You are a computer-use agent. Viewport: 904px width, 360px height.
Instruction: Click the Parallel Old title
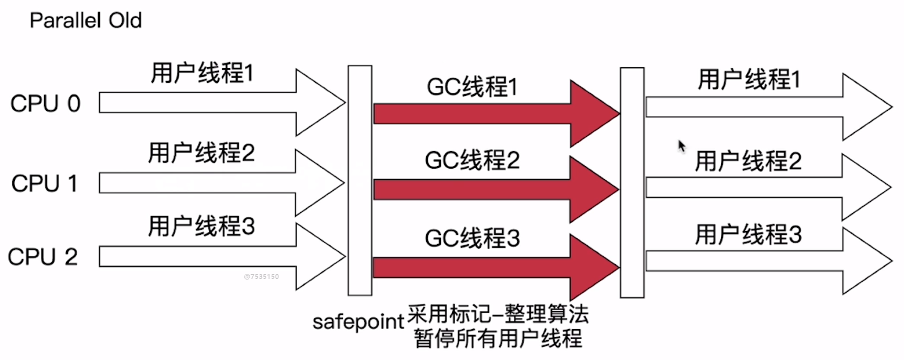point(85,21)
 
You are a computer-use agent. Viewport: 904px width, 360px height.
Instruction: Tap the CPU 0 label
point(45,104)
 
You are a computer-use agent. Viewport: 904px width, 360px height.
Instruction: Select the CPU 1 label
point(44,184)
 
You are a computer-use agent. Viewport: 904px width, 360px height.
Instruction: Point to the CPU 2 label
point(42,257)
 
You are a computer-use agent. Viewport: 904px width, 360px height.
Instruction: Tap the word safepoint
point(358,321)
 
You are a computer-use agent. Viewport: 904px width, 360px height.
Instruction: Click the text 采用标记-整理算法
point(498,314)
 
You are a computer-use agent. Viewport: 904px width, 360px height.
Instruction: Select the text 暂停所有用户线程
point(498,338)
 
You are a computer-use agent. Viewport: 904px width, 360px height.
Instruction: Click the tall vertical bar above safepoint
point(360,180)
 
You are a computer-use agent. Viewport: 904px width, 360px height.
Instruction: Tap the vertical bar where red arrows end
point(632,182)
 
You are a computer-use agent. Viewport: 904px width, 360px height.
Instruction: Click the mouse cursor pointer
point(681,146)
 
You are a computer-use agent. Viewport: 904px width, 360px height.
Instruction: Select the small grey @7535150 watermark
point(261,277)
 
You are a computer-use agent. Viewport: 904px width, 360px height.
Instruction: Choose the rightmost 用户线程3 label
point(748,234)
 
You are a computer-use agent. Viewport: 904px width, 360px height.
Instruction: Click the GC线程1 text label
point(472,87)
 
